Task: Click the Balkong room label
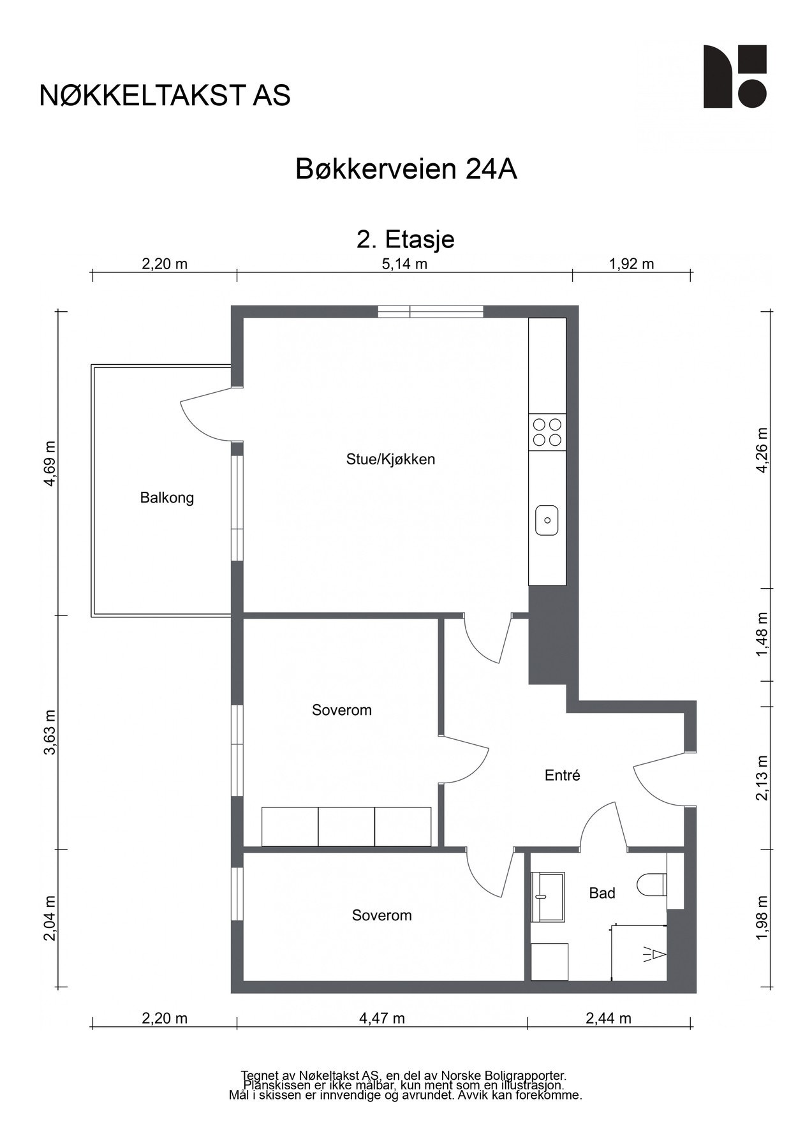166,497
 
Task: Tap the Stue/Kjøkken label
390,459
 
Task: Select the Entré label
562,776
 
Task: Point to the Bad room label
602,893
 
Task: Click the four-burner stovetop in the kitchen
547,432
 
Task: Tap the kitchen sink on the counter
547,520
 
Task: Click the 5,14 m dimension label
404,264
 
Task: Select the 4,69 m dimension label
50,463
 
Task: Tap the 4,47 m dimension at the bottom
382,1019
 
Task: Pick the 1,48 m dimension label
762,634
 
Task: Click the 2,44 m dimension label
609,1019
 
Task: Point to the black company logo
735,77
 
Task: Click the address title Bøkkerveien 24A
406,169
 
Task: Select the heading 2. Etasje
406,239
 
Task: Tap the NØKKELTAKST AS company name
165,96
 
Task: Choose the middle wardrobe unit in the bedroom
346,827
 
